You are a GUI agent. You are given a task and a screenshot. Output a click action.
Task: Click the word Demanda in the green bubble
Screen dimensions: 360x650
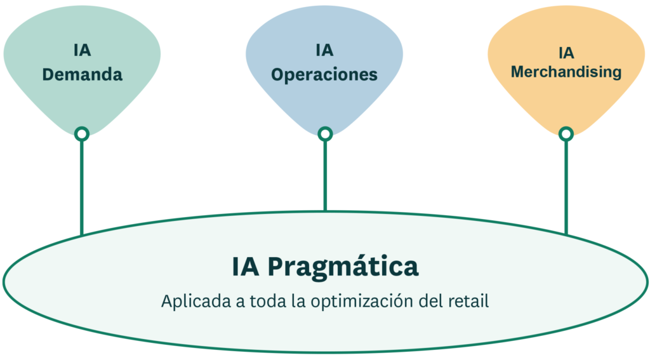point(82,74)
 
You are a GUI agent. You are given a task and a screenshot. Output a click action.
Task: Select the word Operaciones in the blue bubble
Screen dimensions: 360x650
point(324,74)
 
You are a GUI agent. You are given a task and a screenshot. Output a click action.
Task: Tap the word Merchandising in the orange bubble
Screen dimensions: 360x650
point(566,72)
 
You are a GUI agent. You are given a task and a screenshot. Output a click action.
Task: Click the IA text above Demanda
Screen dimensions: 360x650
point(82,51)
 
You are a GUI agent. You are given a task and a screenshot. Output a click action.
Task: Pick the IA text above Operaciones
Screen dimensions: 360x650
point(324,51)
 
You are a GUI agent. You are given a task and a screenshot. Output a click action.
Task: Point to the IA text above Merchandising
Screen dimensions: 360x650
point(566,52)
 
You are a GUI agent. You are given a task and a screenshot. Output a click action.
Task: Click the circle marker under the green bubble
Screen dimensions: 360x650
point(81,133)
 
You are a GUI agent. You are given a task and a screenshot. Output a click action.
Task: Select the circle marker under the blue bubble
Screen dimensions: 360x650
point(325,133)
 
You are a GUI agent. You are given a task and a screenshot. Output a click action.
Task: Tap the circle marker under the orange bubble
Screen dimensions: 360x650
point(566,133)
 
